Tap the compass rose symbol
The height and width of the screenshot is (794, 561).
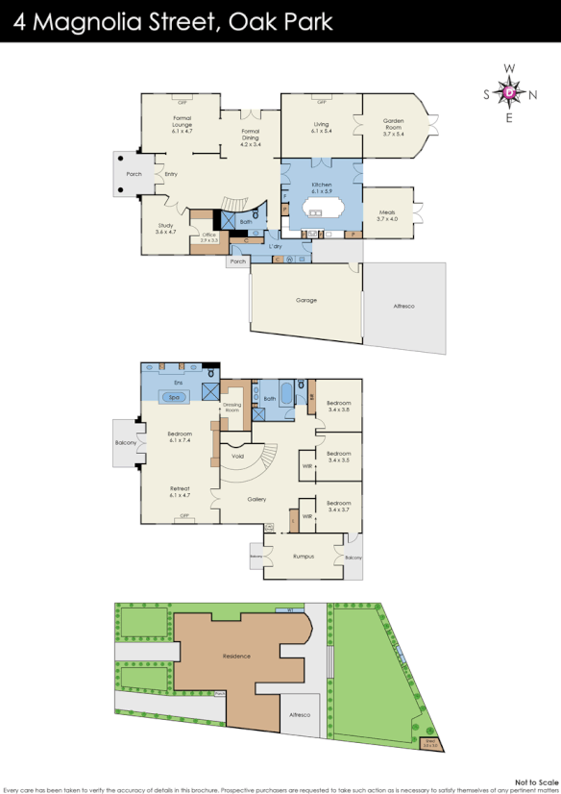(x=509, y=93)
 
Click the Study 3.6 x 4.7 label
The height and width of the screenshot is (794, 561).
(x=165, y=228)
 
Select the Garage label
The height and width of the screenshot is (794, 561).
(x=305, y=300)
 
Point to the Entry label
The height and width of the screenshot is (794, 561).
(x=171, y=174)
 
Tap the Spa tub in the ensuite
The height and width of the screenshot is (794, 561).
(x=175, y=396)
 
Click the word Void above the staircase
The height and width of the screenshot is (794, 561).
(x=237, y=458)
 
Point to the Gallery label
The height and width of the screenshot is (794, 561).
(x=256, y=499)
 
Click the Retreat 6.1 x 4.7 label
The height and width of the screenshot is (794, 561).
(x=180, y=491)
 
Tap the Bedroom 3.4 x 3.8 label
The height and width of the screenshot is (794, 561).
(x=338, y=406)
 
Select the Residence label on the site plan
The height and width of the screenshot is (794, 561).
(x=236, y=656)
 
